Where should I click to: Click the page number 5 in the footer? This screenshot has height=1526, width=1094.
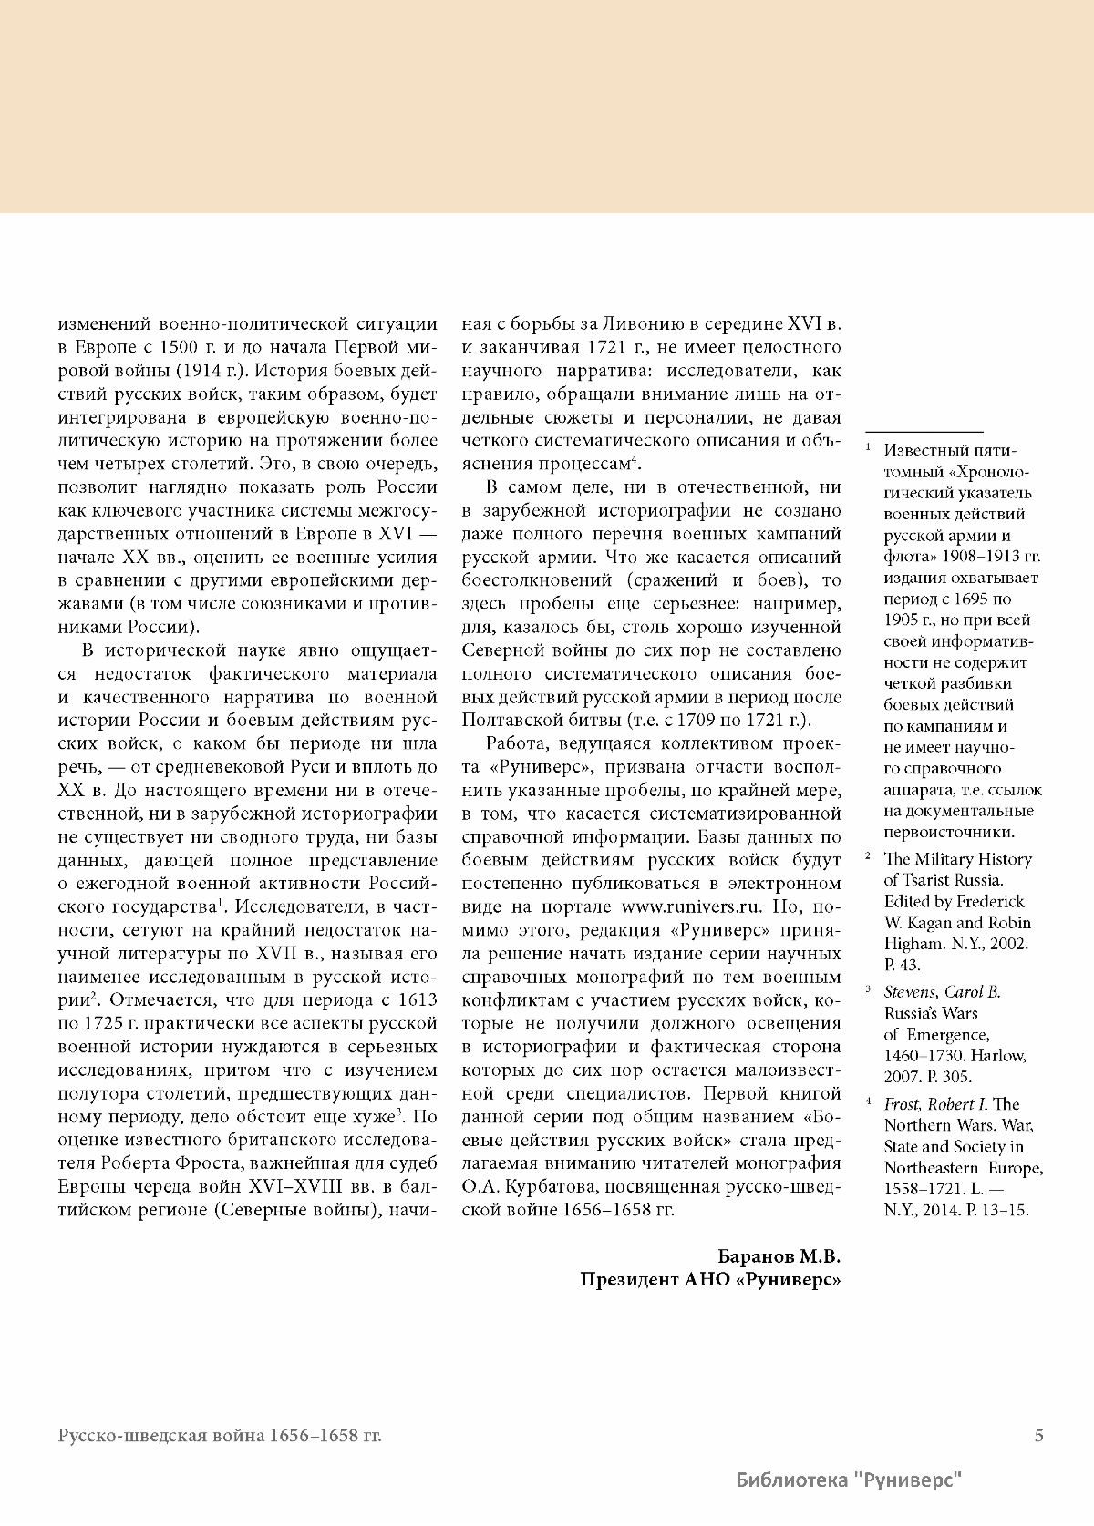[1038, 1436]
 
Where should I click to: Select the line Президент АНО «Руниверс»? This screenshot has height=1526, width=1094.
[710, 1279]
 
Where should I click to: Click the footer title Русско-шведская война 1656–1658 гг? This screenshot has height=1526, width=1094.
[220, 1437]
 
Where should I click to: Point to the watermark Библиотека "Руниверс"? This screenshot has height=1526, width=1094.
[850, 1481]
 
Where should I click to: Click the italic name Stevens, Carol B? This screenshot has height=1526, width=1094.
[942, 992]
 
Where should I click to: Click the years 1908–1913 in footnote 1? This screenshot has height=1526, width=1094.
[977, 557]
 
